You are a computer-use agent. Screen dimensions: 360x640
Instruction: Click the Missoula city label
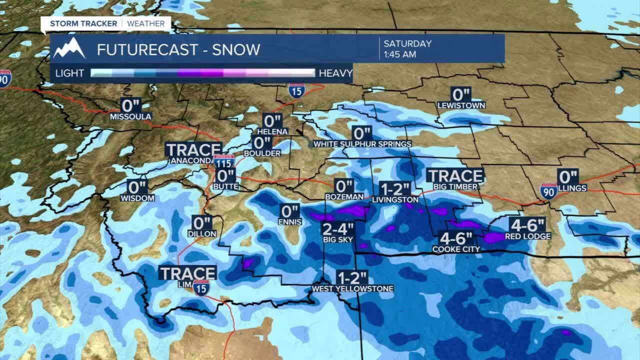[x=131, y=117]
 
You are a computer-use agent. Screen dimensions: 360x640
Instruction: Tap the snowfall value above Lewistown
[x=461, y=94]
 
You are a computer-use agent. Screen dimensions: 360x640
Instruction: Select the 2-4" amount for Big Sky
[x=338, y=229]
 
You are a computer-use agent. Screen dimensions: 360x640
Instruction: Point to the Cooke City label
[x=456, y=249]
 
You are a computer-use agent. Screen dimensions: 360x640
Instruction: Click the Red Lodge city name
[x=527, y=236]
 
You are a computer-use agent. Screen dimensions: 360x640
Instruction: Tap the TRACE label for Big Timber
[x=455, y=176]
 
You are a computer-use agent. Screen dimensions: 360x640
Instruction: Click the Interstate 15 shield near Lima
[x=201, y=287]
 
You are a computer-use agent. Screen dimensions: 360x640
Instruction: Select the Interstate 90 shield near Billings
[x=548, y=191]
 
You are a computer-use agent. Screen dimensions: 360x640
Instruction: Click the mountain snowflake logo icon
[x=69, y=48]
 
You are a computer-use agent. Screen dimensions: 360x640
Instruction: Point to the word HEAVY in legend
[x=335, y=73]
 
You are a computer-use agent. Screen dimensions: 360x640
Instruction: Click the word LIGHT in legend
[x=69, y=73]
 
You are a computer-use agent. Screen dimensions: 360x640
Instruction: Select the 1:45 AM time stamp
[x=400, y=54]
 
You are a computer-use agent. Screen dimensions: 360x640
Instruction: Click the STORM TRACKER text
[x=83, y=23]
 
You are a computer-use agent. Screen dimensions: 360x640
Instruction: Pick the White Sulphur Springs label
[x=362, y=144]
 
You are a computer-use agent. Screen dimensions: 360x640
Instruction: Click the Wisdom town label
[x=137, y=198]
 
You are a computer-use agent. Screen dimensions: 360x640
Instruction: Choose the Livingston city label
[x=395, y=199]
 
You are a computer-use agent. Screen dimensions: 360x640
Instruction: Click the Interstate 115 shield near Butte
[x=223, y=161]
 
